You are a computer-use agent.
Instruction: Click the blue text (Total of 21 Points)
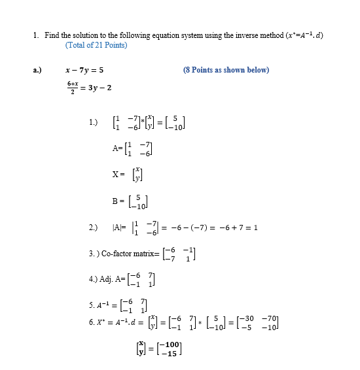96,45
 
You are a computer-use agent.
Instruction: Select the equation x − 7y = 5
84,70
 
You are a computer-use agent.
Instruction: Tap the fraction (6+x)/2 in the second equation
73,87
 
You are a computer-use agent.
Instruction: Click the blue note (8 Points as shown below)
226,70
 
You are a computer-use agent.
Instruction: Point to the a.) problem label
37,70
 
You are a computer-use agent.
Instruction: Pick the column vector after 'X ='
136,175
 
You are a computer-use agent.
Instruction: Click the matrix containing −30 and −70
261,324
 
